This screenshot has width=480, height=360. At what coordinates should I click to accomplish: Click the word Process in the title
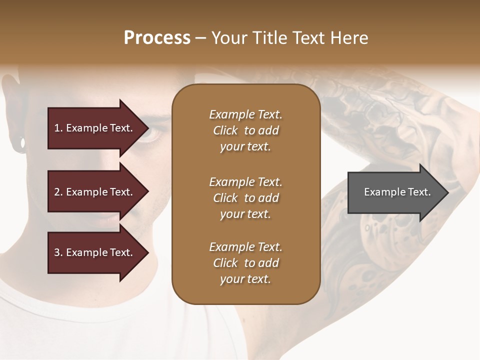coord(157,38)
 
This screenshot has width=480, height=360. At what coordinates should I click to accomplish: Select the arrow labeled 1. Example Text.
coord(95,128)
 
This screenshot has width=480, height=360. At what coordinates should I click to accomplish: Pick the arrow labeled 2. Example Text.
coord(95,192)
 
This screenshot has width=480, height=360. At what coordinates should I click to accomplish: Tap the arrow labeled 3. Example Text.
coord(95,252)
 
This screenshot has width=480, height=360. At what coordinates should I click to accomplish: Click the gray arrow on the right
coord(395,192)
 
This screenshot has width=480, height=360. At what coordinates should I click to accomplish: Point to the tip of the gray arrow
coord(447,192)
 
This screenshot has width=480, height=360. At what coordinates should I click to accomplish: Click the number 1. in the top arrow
coord(58,128)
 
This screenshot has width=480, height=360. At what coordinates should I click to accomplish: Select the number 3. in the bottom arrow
coord(58,252)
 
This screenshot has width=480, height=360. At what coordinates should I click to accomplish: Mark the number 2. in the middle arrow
coord(58,192)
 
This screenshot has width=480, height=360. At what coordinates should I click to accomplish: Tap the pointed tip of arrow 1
coord(148,128)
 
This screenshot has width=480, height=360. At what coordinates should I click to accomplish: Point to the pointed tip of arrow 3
coord(148,252)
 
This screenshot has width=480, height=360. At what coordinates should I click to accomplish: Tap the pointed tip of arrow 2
coord(148,192)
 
